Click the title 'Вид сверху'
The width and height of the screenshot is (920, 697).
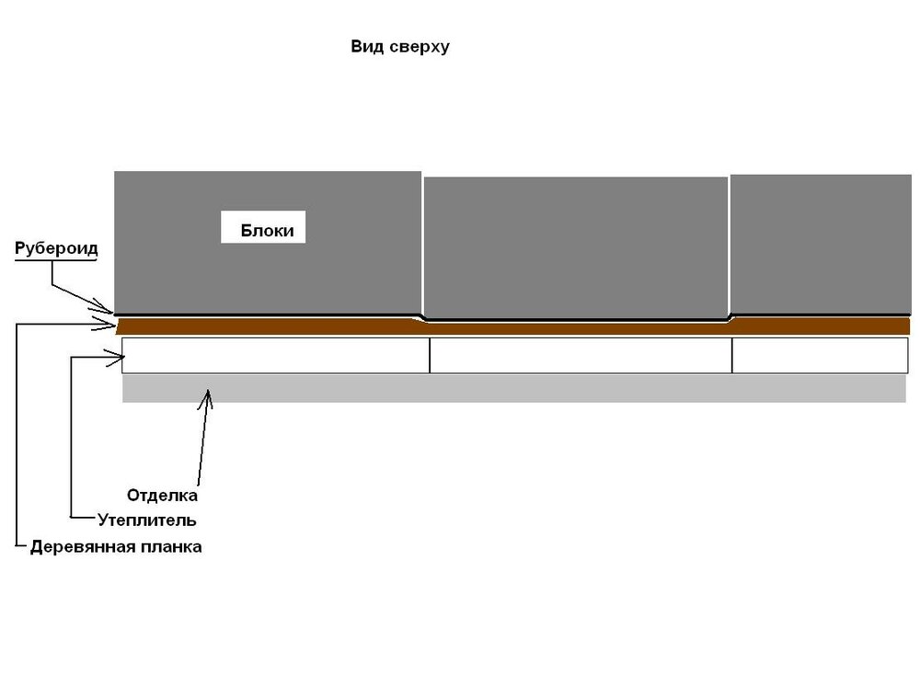pyautogui.click(x=400, y=47)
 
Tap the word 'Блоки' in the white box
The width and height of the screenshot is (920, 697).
pyautogui.click(x=267, y=231)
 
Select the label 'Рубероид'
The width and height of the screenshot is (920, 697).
pyautogui.click(x=56, y=248)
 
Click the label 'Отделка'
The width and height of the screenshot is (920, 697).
pyautogui.click(x=163, y=496)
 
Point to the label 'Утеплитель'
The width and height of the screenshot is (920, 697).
pyautogui.click(x=146, y=520)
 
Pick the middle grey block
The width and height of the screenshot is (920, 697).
pyautogui.click(x=576, y=247)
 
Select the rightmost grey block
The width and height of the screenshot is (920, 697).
pyautogui.click(x=821, y=245)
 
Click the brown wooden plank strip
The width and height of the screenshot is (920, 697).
pyautogui.click(x=513, y=326)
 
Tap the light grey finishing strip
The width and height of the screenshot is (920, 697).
pyautogui.click(x=514, y=389)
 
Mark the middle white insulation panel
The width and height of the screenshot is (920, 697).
pyautogui.click(x=581, y=355)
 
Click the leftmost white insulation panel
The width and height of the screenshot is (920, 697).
pyautogui.click(x=276, y=355)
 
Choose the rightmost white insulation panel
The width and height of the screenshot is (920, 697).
pyautogui.click(x=821, y=355)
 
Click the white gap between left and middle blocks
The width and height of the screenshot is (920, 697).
pyautogui.click(x=422, y=244)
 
